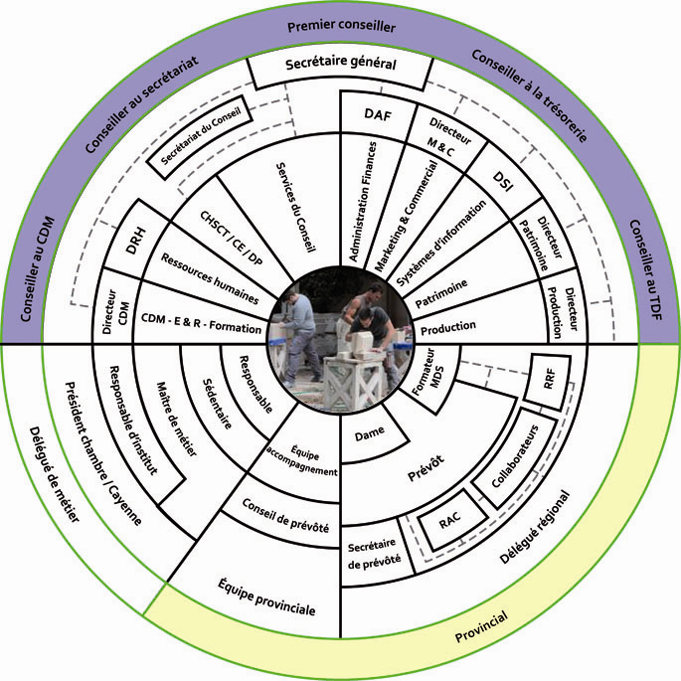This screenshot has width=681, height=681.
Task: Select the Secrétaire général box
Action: [x=341, y=65]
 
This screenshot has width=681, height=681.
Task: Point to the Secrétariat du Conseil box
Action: [x=198, y=142]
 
